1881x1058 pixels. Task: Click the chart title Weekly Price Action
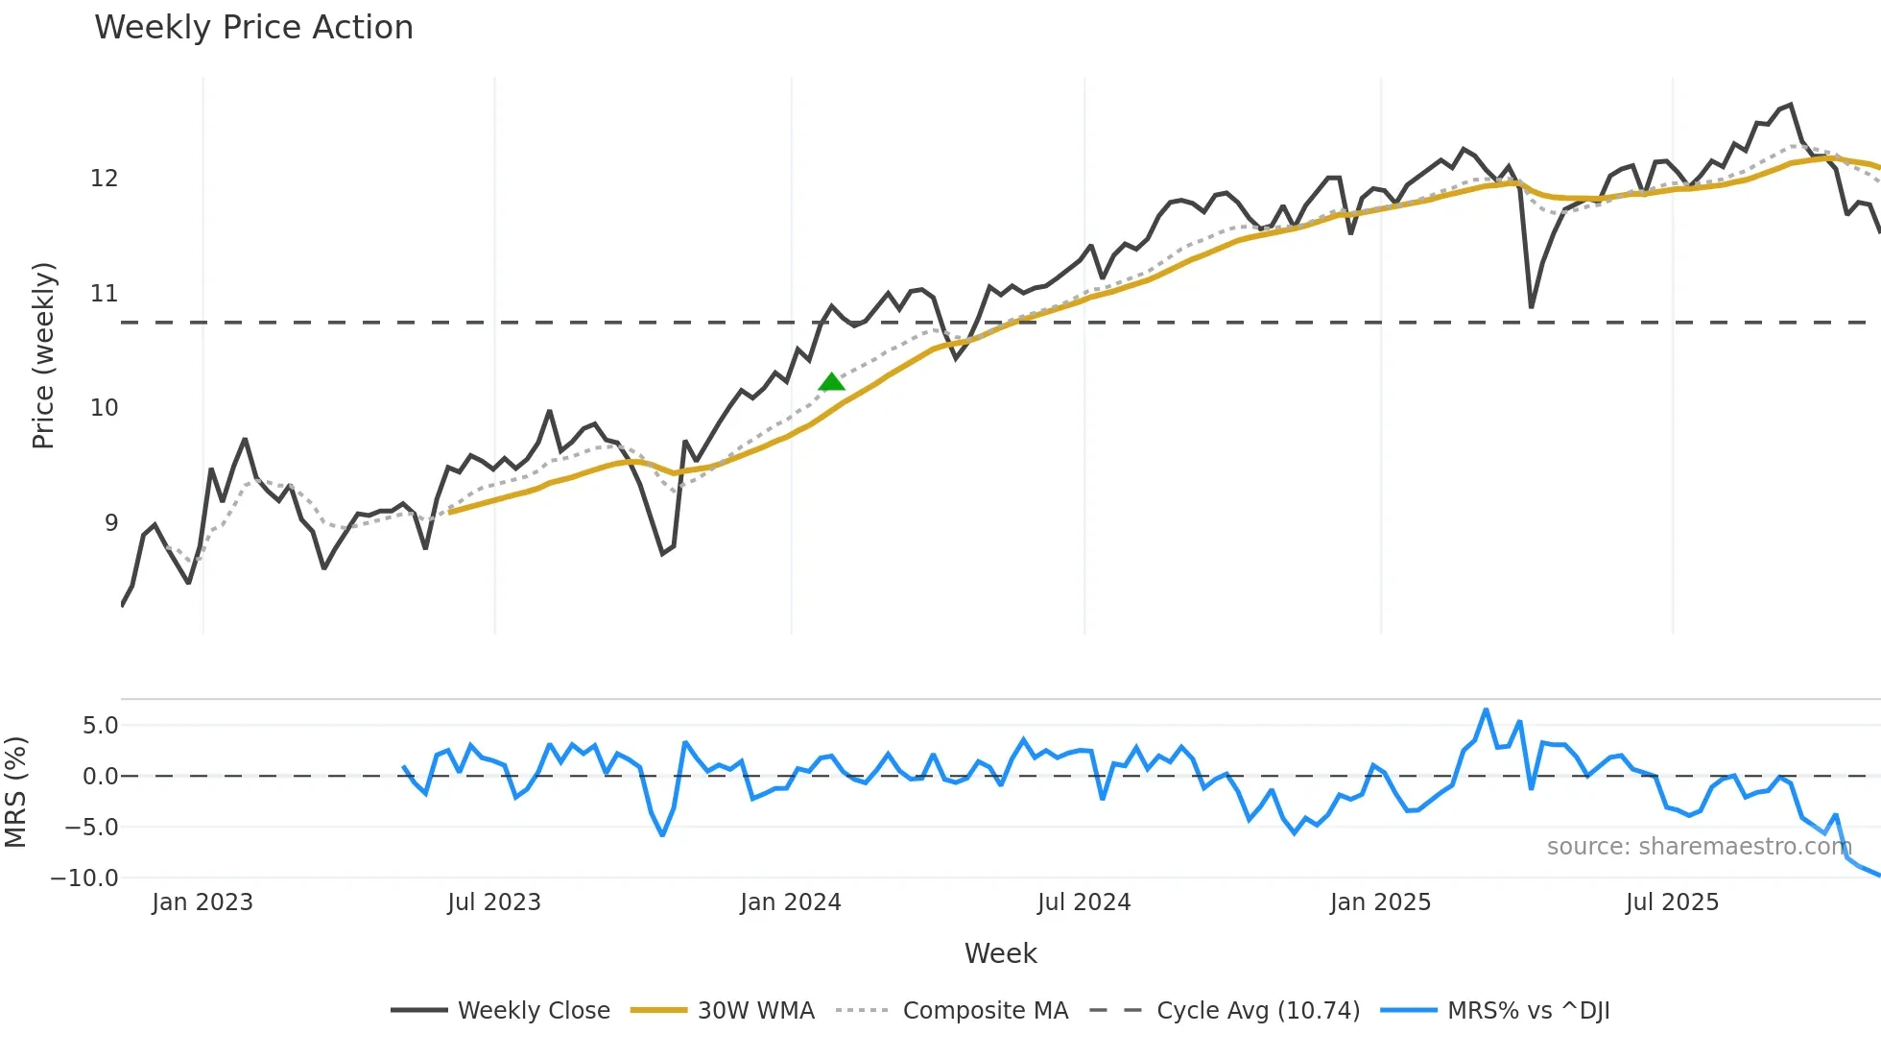(x=253, y=28)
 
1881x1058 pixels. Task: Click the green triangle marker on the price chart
(x=831, y=382)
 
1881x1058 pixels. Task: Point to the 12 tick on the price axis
(x=104, y=179)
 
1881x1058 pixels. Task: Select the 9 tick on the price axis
(x=111, y=523)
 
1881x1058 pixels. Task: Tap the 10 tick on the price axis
(x=104, y=408)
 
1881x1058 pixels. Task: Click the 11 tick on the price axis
(x=104, y=294)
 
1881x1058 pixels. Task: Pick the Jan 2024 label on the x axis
(x=790, y=902)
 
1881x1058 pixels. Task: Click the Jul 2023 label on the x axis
(x=494, y=902)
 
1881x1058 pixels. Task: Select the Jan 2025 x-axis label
(x=1380, y=902)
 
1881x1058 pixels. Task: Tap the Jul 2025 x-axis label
(x=1672, y=902)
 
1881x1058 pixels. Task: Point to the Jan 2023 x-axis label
(x=202, y=902)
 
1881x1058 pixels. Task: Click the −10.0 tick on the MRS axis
(x=84, y=878)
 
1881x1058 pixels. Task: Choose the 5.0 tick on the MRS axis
(x=100, y=726)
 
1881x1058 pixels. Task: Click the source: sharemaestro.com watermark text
(x=1699, y=847)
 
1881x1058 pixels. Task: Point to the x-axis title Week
(x=1000, y=953)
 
